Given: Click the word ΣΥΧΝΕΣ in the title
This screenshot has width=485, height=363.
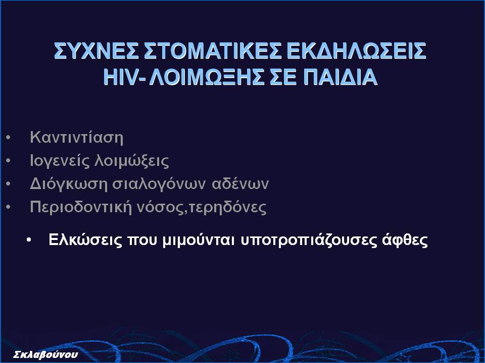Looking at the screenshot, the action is (x=96, y=50).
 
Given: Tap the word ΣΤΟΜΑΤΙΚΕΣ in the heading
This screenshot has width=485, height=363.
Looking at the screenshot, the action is (x=213, y=50).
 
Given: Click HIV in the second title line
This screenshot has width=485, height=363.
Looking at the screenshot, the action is (x=120, y=77).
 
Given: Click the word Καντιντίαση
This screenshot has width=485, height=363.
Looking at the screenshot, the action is (x=76, y=137).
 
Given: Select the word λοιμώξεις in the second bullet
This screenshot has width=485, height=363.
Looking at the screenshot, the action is (x=131, y=161).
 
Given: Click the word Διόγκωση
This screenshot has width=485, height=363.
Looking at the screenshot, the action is (x=68, y=184).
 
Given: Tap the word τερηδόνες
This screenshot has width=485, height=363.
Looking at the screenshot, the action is (x=227, y=207).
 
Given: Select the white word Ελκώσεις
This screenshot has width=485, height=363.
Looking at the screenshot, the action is (x=85, y=240).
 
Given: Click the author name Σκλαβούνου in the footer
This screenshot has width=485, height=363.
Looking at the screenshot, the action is (x=45, y=354).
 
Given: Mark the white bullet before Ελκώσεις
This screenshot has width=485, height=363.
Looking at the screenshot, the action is (x=29, y=240).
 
